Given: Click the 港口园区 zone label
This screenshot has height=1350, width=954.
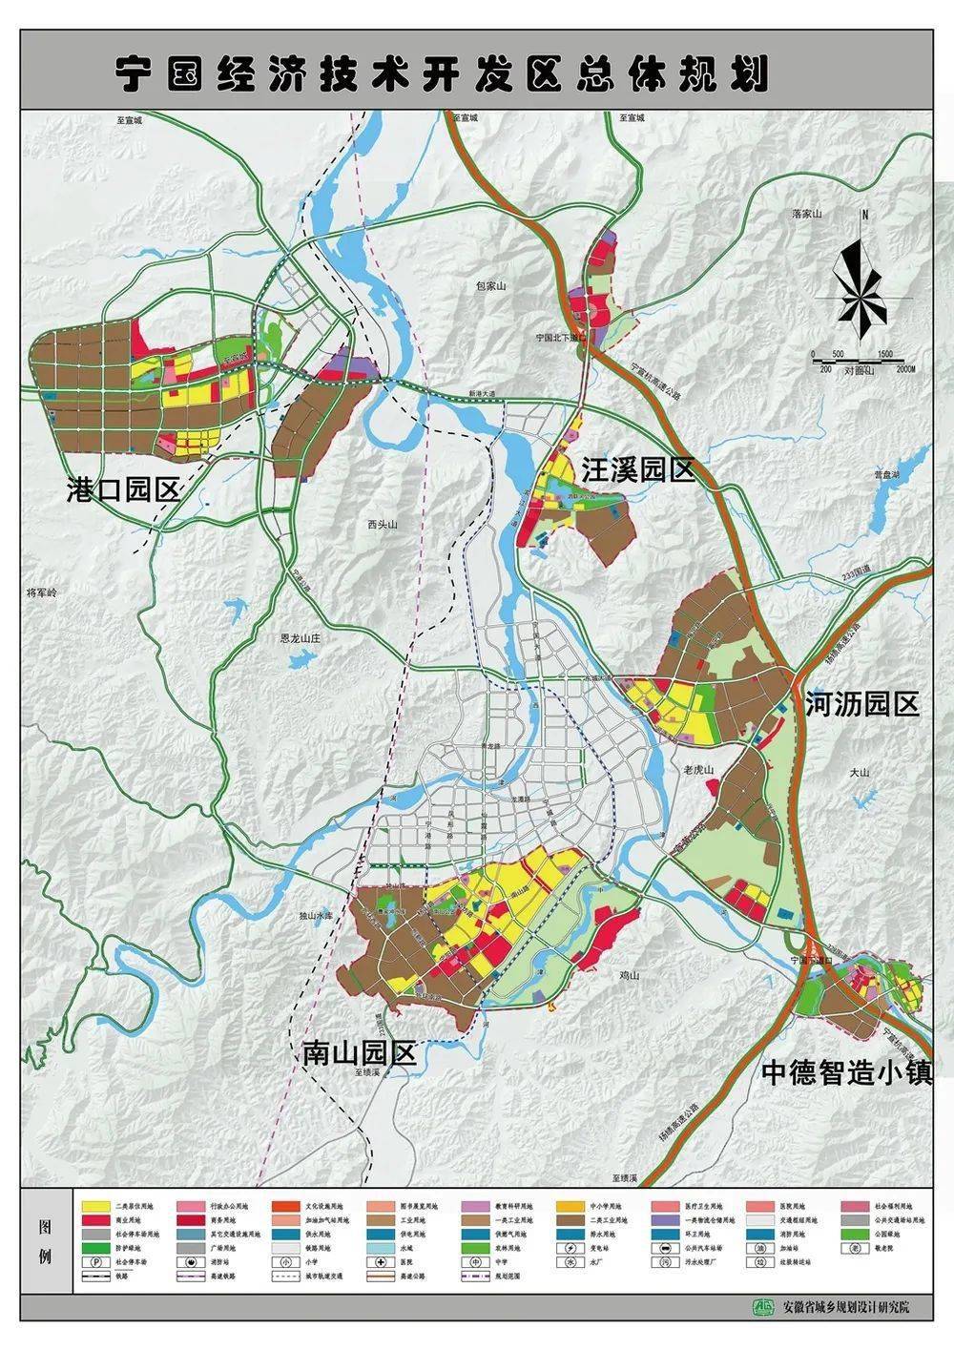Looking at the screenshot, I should (124, 489).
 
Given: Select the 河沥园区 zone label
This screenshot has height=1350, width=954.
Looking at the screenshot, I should (862, 704).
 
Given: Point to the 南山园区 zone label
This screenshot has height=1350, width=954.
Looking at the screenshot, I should (360, 1053).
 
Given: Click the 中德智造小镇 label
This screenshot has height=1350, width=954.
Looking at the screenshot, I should (845, 1071).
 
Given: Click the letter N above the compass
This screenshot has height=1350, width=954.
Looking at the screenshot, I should (862, 216).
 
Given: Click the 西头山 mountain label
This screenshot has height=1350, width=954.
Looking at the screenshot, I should (380, 524).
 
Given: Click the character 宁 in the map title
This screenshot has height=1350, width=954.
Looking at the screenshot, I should (135, 73).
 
